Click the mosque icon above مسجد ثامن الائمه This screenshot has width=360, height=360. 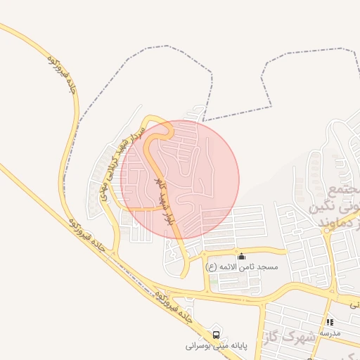[242, 256]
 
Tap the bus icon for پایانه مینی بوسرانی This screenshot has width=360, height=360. [216, 335]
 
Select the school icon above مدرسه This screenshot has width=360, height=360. [330, 321]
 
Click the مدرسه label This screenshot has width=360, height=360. [330, 332]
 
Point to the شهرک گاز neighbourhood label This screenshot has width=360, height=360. [293, 337]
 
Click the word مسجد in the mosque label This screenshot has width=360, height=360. [268, 267]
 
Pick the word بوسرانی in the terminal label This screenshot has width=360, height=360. [200, 346]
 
